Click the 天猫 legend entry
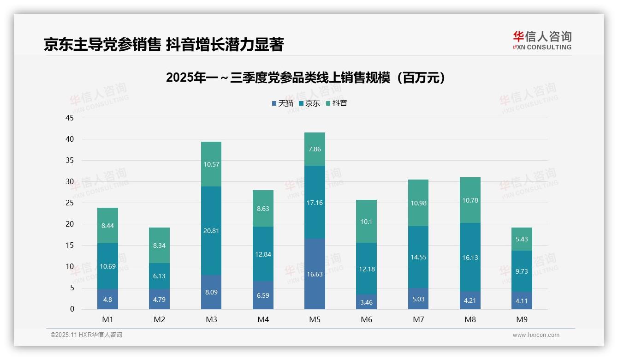(283, 103)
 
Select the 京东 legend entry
(309, 103)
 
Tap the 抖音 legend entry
(337, 103)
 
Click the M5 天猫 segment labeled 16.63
(315, 274)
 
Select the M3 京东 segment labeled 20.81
(211, 231)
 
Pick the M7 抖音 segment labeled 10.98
(418, 203)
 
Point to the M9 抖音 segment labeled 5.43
(522, 239)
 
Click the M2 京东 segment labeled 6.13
(159, 276)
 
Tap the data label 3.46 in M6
(367, 302)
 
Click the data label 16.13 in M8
(470, 258)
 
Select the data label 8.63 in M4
(263, 209)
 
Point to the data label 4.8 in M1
(107, 299)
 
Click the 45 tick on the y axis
(70, 118)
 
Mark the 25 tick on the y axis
(70, 203)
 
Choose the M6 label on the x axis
(367, 319)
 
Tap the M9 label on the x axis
(522, 319)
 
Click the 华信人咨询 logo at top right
(542, 40)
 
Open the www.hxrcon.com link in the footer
(536, 335)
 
